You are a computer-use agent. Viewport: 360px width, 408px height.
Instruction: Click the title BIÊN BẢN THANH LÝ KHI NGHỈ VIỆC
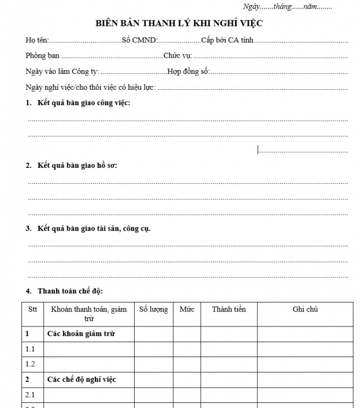(179, 23)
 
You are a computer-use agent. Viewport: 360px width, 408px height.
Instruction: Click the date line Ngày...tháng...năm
(288, 7)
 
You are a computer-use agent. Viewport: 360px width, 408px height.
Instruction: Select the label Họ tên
(36, 40)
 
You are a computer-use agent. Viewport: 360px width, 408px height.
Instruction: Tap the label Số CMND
(139, 40)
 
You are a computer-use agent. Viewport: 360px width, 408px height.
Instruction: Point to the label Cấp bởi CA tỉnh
(227, 40)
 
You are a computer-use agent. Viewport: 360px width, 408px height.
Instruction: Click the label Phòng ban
(42, 56)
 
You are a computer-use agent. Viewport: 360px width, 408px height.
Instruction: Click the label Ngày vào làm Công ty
(62, 71)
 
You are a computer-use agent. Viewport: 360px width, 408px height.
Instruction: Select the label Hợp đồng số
(188, 71)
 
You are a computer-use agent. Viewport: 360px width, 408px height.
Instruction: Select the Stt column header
(33, 310)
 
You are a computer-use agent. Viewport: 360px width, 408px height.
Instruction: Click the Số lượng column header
(153, 310)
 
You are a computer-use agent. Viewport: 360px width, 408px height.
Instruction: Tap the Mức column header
(187, 310)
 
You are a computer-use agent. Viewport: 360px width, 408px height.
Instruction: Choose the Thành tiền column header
(228, 310)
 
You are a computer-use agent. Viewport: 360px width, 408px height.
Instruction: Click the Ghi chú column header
(305, 310)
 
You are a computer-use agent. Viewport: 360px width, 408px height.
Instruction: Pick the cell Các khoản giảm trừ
(81, 334)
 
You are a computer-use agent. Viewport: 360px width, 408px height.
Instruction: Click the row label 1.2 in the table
(30, 364)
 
